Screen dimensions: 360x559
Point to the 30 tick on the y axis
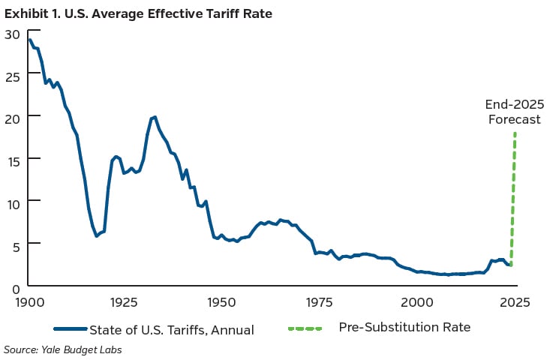[x=11, y=34]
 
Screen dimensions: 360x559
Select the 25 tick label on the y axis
[x=11, y=76]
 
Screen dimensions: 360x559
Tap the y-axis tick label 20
[x=11, y=118]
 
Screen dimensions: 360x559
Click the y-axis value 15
[x=11, y=160]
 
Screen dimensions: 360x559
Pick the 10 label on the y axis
[x=11, y=202]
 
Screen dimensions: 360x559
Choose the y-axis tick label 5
[x=15, y=244]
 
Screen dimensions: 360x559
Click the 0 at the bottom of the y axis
[x=15, y=286]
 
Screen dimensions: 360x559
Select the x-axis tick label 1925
[x=124, y=302]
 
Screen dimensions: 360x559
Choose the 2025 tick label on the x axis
[x=514, y=302]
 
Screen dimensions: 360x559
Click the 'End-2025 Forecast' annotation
[x=514, y=112]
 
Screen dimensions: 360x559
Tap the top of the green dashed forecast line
[x=515, y=134]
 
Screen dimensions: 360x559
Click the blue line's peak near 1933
[x=154, y=117]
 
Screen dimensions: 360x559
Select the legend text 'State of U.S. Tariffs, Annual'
[x=171, y=329]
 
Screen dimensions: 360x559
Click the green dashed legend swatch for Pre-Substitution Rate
[x=304, y=329]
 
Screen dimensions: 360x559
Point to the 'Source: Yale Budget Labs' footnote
[x=64, y=349]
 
